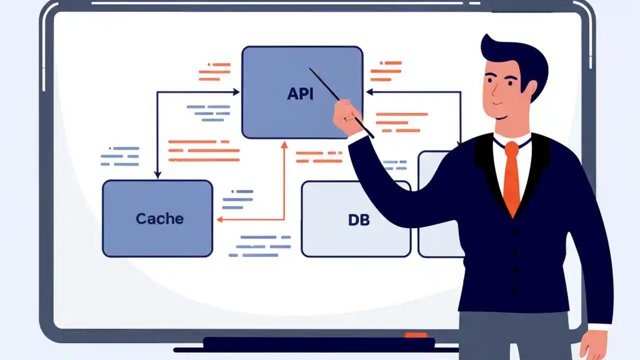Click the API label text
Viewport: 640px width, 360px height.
pyautogui.click(x=300, y=94)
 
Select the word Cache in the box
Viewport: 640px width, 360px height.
pyautogui.click(x=159, y=218)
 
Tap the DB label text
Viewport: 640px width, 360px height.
pyautogui.click(x=358, y=219)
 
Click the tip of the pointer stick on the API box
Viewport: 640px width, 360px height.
pyautogui.click(x=310, y=69)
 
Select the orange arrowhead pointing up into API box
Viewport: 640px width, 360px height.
pyautogui.click(x=284, y=145)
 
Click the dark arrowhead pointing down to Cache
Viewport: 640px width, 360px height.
pyautogui.click(x=157, y=174)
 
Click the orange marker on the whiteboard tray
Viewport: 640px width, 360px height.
pyautogui.click(x=416, y=335)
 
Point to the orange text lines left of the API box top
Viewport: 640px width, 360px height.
pyautogui.click(x=214, y=71)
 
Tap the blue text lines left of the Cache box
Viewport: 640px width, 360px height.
pyautogui.click(x=120, y=156)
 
